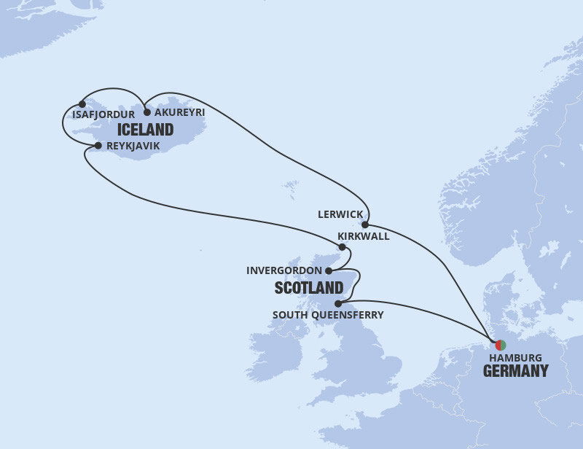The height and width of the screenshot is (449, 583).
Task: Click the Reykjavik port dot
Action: tap(98, 146)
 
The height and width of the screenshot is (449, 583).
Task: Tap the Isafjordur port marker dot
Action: tap(82, 104)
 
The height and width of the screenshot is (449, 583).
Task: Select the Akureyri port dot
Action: tap(147, 112)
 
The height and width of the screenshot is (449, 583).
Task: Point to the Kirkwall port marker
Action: tap(342, 247)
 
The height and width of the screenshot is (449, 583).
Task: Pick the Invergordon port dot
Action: tap(329, 270)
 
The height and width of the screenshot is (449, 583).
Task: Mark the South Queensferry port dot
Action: tap(338, 303)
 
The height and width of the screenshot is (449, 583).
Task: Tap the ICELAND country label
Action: tap(144, 130)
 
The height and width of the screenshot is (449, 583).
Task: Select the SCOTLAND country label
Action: tap(309, 288)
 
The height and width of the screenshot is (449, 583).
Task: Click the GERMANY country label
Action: tap(516, 371)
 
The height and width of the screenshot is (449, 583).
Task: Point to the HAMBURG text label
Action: tap(515, 358)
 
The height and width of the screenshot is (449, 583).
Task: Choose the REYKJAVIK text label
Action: tap(133, 147)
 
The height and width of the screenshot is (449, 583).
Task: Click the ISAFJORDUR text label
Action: tap(103, 114)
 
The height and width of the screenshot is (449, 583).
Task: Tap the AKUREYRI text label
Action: tap(180, 113)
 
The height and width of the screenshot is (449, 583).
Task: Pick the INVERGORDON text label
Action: tap(284, 270)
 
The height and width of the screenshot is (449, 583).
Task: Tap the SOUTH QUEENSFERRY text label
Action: tap(327, 316)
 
